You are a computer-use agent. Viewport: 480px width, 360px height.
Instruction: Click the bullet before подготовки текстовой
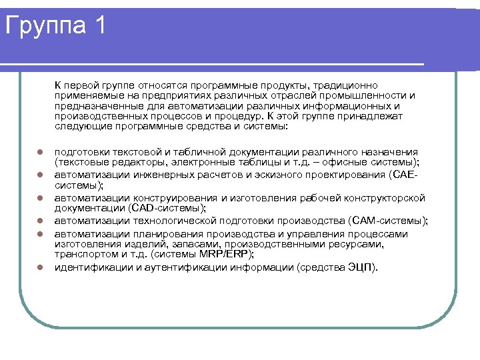click(39, 152)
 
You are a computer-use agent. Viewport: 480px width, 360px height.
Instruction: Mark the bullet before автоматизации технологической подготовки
click(39, 221)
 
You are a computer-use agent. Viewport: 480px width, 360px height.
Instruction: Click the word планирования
click(152, 234)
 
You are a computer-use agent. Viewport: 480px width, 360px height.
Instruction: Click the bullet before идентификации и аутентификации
click(39, 267)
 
